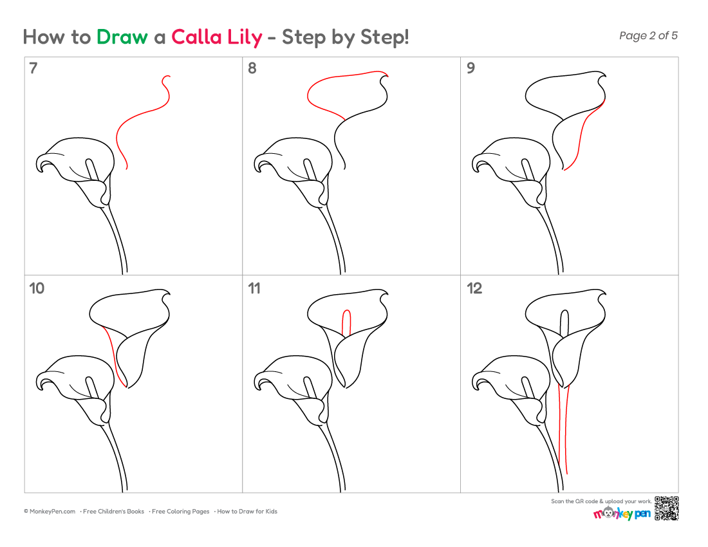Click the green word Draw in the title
[122, 37]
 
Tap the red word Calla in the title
[197, 37]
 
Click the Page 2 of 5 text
[648, 35]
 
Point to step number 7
[33, 68]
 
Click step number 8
[252, 68]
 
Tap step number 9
[470, 68]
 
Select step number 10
[37, 288]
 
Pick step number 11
[254, 288]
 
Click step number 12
[474, 288]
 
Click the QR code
[666, 508]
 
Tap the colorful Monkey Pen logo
[622, 513]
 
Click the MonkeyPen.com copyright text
[50, 512]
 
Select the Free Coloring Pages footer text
[180, 512]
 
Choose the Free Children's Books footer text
[113, 512]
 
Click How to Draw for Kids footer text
[247, 512]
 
